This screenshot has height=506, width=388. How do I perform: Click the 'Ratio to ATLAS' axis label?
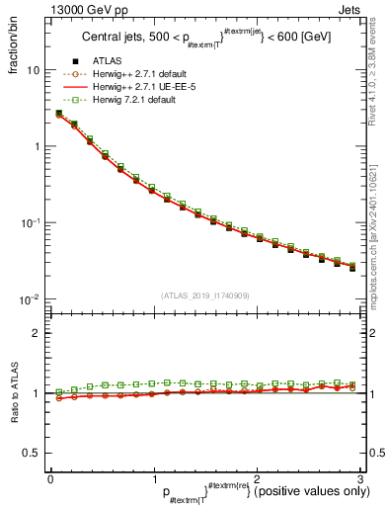[x=15, y=393]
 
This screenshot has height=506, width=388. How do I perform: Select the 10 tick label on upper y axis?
[x=34, y=70]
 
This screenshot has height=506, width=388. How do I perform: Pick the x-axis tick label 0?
[x=50, y=479]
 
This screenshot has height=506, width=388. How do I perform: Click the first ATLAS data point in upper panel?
[x=60, y=115]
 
